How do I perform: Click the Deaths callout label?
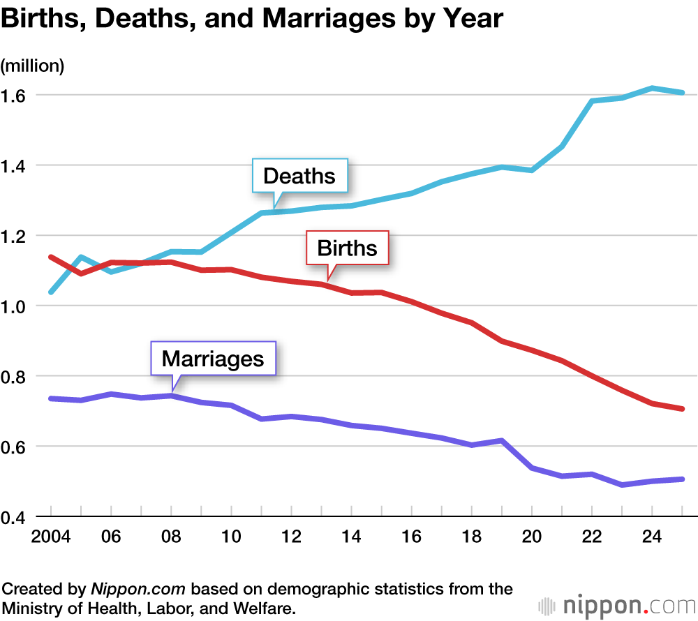coord(299,176)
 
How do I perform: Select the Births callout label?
coord(347,248)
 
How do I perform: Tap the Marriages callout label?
coord(213,359)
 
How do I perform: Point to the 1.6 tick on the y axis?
coord(15,96)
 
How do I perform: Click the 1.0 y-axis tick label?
coord(15,307)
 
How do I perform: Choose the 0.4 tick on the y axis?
coord(15,518)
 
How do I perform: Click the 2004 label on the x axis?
coord(50,538)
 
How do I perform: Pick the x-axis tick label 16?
coord(411,538)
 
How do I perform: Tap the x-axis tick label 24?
coord(652,538)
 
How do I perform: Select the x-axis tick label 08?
coord(171,538)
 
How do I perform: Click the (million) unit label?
coord(32,66)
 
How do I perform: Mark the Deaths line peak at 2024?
coord(652,88)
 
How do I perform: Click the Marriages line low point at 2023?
coord(622,484)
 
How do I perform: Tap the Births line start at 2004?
coord(51,257)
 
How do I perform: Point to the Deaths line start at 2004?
coord(51,292)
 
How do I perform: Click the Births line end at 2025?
coord(682,409)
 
